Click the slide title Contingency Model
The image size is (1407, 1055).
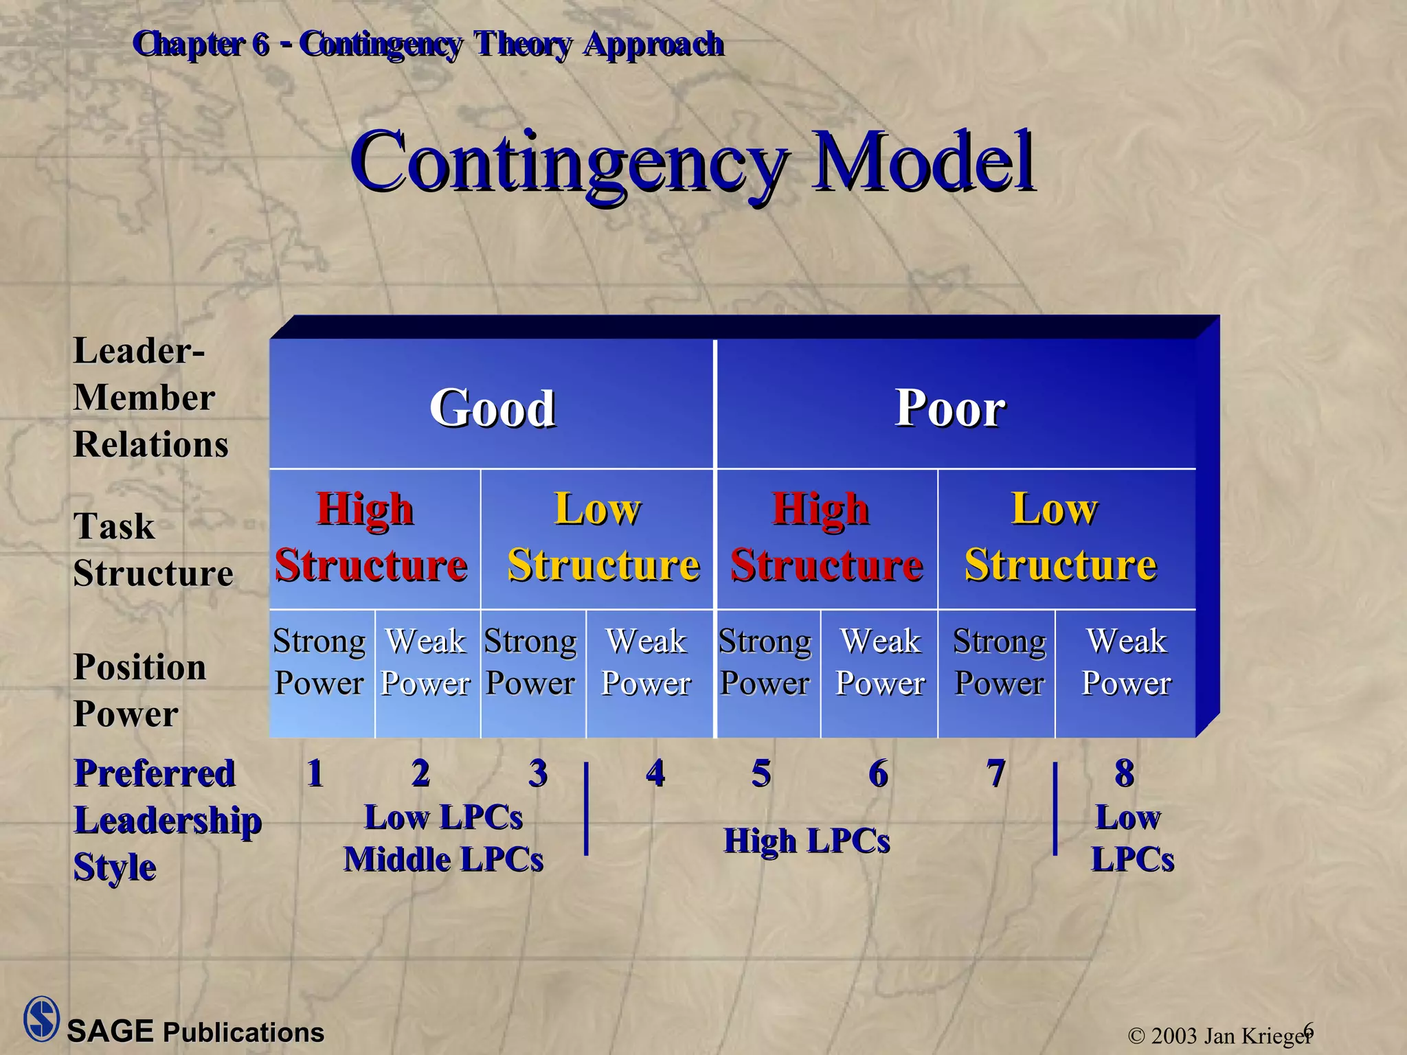[x=692, y=162]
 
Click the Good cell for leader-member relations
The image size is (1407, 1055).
[x=492, y=408]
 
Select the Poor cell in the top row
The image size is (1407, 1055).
[x=950, y=408]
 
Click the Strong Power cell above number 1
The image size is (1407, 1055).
[x=319, y=662]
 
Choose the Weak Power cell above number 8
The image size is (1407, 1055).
[x=1126, y=662]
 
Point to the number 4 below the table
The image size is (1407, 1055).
[x=655, y=773]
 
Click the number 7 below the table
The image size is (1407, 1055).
[x=996, y=773]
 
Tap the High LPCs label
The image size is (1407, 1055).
[x=807, y=841]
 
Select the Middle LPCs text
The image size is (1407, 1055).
[x=443, y=859]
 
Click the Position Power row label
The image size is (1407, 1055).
[x=139, y=690]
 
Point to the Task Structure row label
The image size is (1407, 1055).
[x=153, y=549]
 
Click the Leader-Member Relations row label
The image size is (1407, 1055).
[x=150, y=398]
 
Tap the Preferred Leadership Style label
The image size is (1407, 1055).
[x=167, y=820]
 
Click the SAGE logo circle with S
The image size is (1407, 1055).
[x=41, y=1019]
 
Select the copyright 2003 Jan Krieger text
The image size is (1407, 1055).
[x=1217, y=1035]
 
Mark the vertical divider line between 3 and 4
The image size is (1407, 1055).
[x=586, y=808]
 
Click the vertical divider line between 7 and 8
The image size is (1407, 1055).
[x=1055, y=808]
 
